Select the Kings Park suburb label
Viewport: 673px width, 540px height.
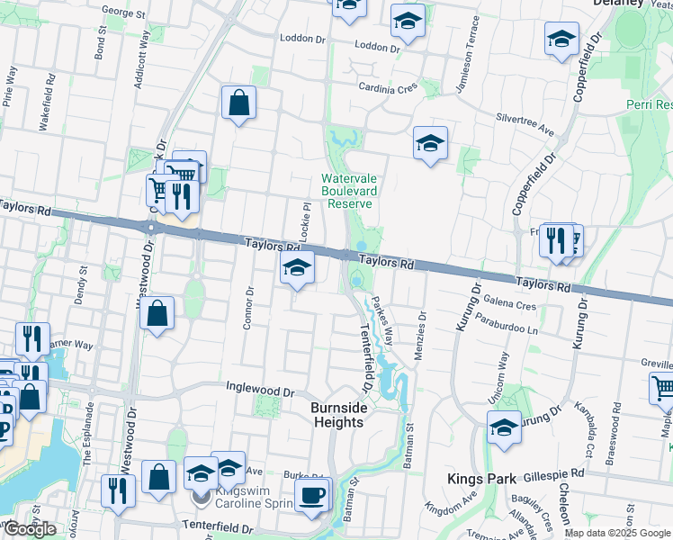tap(480, 478)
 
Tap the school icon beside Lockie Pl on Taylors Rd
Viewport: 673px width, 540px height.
tap(297, 267)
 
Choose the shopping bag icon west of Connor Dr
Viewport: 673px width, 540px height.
tap(157, 314)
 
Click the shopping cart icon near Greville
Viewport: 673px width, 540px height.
tap(663, 389)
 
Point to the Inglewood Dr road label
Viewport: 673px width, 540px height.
tap(261, 392)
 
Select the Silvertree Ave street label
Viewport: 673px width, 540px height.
tap(525, 118)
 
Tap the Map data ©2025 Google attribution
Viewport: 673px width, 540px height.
tap(616, 533)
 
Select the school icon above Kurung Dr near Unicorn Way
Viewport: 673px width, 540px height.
tap(504, 427)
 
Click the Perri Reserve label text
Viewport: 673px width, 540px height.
tap(650, 105)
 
